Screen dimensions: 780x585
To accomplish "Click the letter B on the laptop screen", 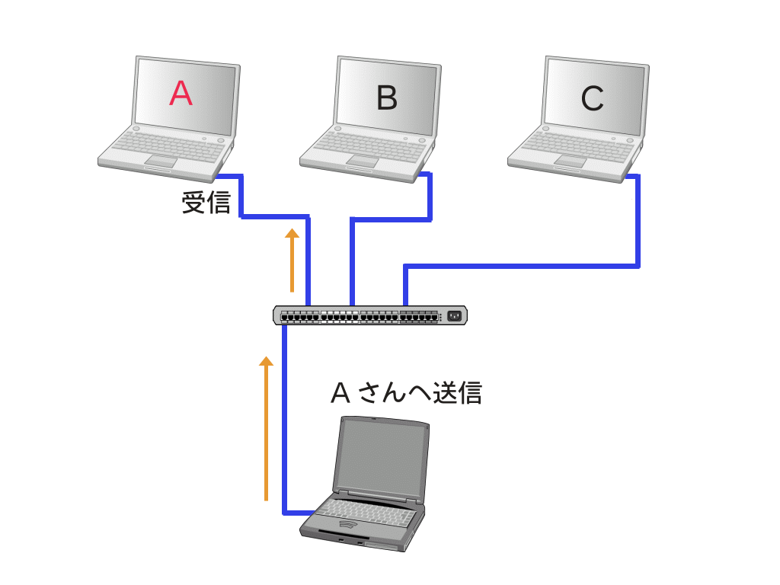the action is pyautogui.click(x=387, y=97).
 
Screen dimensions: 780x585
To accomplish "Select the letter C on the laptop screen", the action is pyautogui.click(x=592, y=98).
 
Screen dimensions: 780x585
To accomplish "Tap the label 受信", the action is pyautogui.click(x=206, y=203).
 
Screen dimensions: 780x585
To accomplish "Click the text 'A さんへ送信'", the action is pyautogui.click(x=406, y=392).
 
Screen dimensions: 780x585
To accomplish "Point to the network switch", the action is pyautogui.click(x=370, y=315).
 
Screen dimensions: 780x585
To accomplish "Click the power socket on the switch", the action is pyautogui.click(x=456, y=315).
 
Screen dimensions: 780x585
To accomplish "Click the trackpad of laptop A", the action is pyautogui.click(x=161, y=159).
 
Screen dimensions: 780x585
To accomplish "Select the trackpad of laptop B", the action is pyautogui.click(x=363, y=160).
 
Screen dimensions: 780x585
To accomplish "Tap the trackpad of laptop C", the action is pyautogui.click(x=570, y=161).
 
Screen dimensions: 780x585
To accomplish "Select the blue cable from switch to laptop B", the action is pyautogui.click(x=352, y=259).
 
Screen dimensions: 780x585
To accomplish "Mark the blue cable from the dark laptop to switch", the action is pyautogui.click(x=284, y=419).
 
